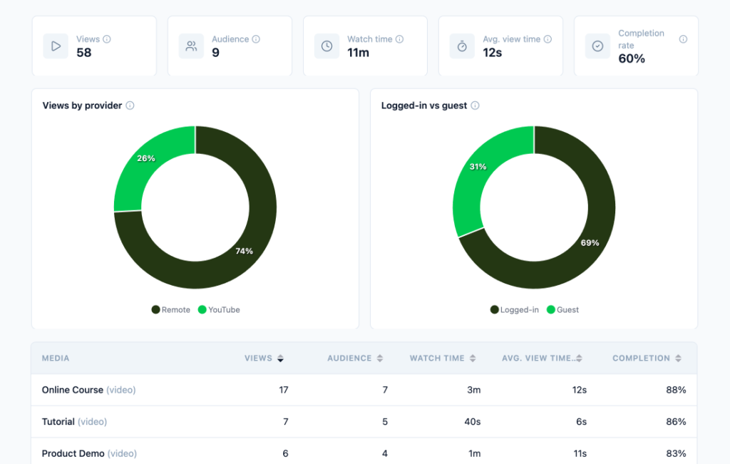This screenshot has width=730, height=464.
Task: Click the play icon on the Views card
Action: [x=56, y=46]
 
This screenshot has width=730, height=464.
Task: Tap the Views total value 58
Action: [x=84, y=53]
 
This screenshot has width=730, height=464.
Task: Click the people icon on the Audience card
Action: [x=191, y=46]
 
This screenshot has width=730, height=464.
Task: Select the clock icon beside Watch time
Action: [x=327, y=46]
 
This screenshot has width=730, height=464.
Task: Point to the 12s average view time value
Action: [x=492, y=53]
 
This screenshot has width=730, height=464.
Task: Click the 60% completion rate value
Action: [x=632, y=58]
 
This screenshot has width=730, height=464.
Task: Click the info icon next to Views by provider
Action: [x=130, y=105]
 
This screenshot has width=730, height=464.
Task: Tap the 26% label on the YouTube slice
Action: [x=145, y=158]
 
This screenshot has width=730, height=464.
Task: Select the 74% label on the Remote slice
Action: [x=244, y=251]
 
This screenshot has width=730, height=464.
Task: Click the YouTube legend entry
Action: [x=219, y=310]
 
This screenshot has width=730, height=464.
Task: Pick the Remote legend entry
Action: [x=171, y=310]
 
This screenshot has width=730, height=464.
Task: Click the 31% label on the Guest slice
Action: [x=478, y=167]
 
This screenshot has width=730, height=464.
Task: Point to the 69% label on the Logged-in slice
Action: [x=590, y=243]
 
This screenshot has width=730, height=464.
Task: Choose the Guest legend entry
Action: [x=562, y=310]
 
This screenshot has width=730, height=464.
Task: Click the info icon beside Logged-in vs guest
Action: [x=475, y=105]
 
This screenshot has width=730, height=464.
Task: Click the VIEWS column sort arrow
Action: [x=280, y=359]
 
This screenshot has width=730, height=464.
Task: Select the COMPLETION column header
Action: [x=641, y=359]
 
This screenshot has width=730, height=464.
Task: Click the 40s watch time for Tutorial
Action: [x=472, y=422]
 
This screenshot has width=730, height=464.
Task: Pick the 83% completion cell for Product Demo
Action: [x=676, y=453]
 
